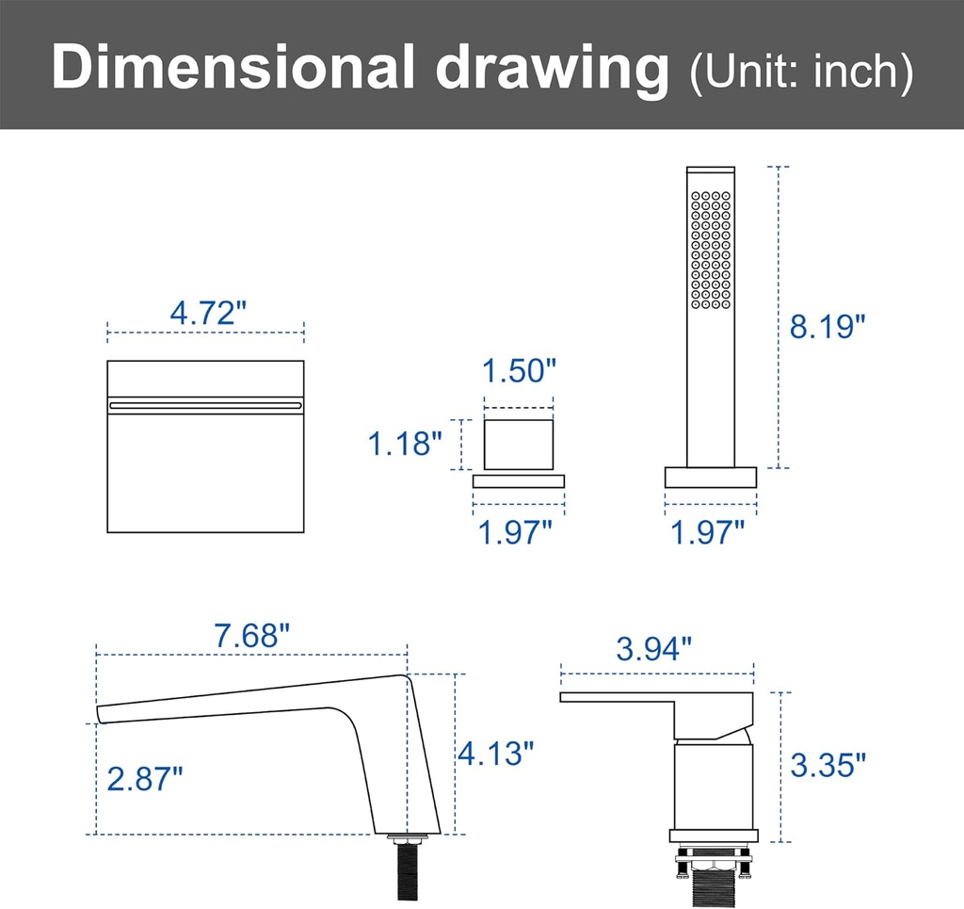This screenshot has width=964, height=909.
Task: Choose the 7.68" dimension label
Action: (251, 636)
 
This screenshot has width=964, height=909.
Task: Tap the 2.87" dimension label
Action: (145, 778)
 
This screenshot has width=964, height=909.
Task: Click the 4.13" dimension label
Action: (496, 753)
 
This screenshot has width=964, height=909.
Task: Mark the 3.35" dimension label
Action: (827, 765)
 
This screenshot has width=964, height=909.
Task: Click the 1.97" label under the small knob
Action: (515, 532)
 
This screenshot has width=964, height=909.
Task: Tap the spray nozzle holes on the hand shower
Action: (711, 250)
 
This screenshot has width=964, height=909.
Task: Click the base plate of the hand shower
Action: (711, 478)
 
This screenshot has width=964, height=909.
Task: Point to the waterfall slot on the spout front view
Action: (205, 405)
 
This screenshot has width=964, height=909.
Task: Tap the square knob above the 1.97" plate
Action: (519, 444)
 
